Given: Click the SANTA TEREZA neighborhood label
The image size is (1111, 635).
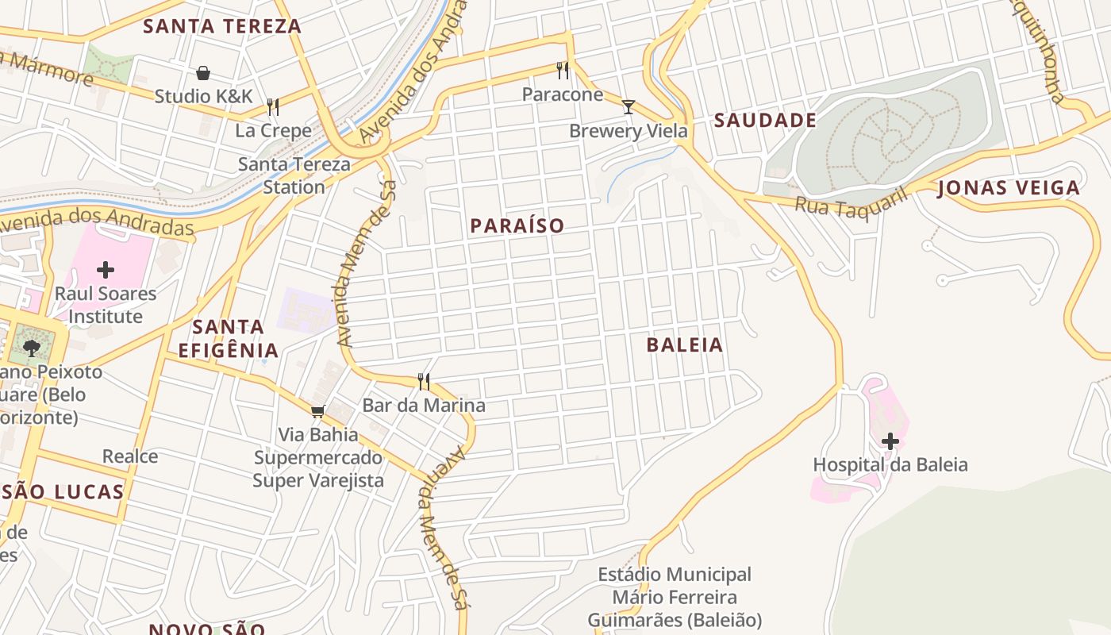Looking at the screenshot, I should click(x=222, y=26).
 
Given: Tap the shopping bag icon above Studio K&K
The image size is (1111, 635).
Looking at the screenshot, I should click(x=203, y=73).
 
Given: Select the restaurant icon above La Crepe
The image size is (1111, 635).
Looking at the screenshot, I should click(x=273, y=106).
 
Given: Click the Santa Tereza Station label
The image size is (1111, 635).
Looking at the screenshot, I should click(x=294, y=175).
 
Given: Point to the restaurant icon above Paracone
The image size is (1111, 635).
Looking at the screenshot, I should click(x=563, y=71).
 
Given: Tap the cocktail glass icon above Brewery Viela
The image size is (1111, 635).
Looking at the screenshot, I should click(x=629, y=106).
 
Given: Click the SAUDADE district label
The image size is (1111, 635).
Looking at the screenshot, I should click(x=765, y=121).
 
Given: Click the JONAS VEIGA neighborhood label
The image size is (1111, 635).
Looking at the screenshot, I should click(x=1009, y=188).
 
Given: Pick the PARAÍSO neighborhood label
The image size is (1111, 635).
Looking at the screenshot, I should click(x=517, y=226).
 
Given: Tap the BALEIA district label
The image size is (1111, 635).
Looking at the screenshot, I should click(x=684, y=345).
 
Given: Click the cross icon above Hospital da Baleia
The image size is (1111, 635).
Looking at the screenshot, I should click(x=890, y=441).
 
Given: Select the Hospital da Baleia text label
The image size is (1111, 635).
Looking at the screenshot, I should click(x=890, y=465).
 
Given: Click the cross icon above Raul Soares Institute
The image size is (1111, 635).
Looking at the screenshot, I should click(x=106, y=270).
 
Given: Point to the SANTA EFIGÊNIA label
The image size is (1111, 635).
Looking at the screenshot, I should click(x=229, y=338).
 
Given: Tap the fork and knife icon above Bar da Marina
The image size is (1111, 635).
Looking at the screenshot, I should click(x=424, y=382).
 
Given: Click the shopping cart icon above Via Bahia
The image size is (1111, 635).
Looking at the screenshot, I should click(x=318, y=411).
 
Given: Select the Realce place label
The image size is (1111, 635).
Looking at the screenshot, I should click(x=130, y=456).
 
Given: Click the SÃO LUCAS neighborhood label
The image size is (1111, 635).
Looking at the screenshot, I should click(x=63, y=492).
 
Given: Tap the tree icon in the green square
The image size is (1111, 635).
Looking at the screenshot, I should click(x=32, y=347).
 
